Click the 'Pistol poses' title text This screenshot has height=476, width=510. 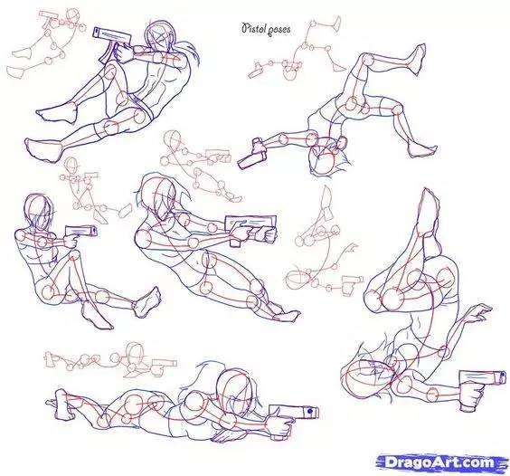(266, 29)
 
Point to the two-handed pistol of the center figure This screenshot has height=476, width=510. (250, 230)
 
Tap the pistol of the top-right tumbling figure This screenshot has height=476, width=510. (254, 154)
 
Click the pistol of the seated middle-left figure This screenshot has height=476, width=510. (81, 233)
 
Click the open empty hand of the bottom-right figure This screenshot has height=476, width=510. (477, 313)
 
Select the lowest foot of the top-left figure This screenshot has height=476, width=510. (44, 149)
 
